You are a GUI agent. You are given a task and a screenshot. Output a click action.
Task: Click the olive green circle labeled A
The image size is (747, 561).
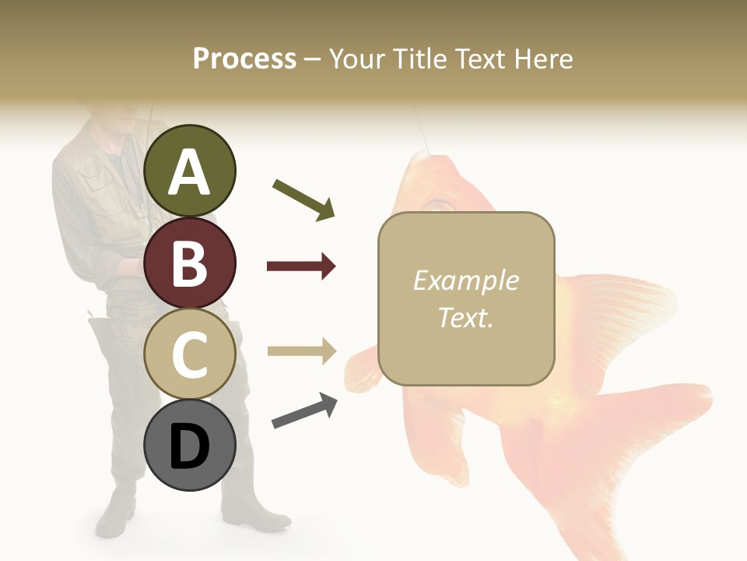click(190, 171)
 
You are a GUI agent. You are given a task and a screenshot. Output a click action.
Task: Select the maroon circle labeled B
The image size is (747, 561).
click(190, 263)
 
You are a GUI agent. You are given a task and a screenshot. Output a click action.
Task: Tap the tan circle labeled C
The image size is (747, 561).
click(190, 355)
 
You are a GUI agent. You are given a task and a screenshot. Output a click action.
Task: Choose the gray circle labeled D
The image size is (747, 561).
click(190, 446)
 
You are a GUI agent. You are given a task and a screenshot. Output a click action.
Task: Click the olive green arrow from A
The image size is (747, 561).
click(303, 199)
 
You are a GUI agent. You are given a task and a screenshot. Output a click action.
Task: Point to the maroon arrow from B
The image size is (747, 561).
click(301, 266)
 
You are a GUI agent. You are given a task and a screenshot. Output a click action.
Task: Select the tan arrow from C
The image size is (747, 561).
click(301, 351)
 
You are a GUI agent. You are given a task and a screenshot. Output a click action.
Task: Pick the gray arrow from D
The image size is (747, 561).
click(304, 411)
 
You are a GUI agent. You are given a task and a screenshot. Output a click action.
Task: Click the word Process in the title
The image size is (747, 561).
click(244, 58)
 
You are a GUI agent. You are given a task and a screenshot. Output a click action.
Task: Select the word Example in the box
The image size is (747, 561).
click(465, 280)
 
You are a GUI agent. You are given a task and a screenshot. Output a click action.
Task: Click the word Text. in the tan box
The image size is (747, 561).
click(465, 317)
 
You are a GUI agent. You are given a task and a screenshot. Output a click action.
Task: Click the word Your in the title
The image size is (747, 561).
click(354, 58)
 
